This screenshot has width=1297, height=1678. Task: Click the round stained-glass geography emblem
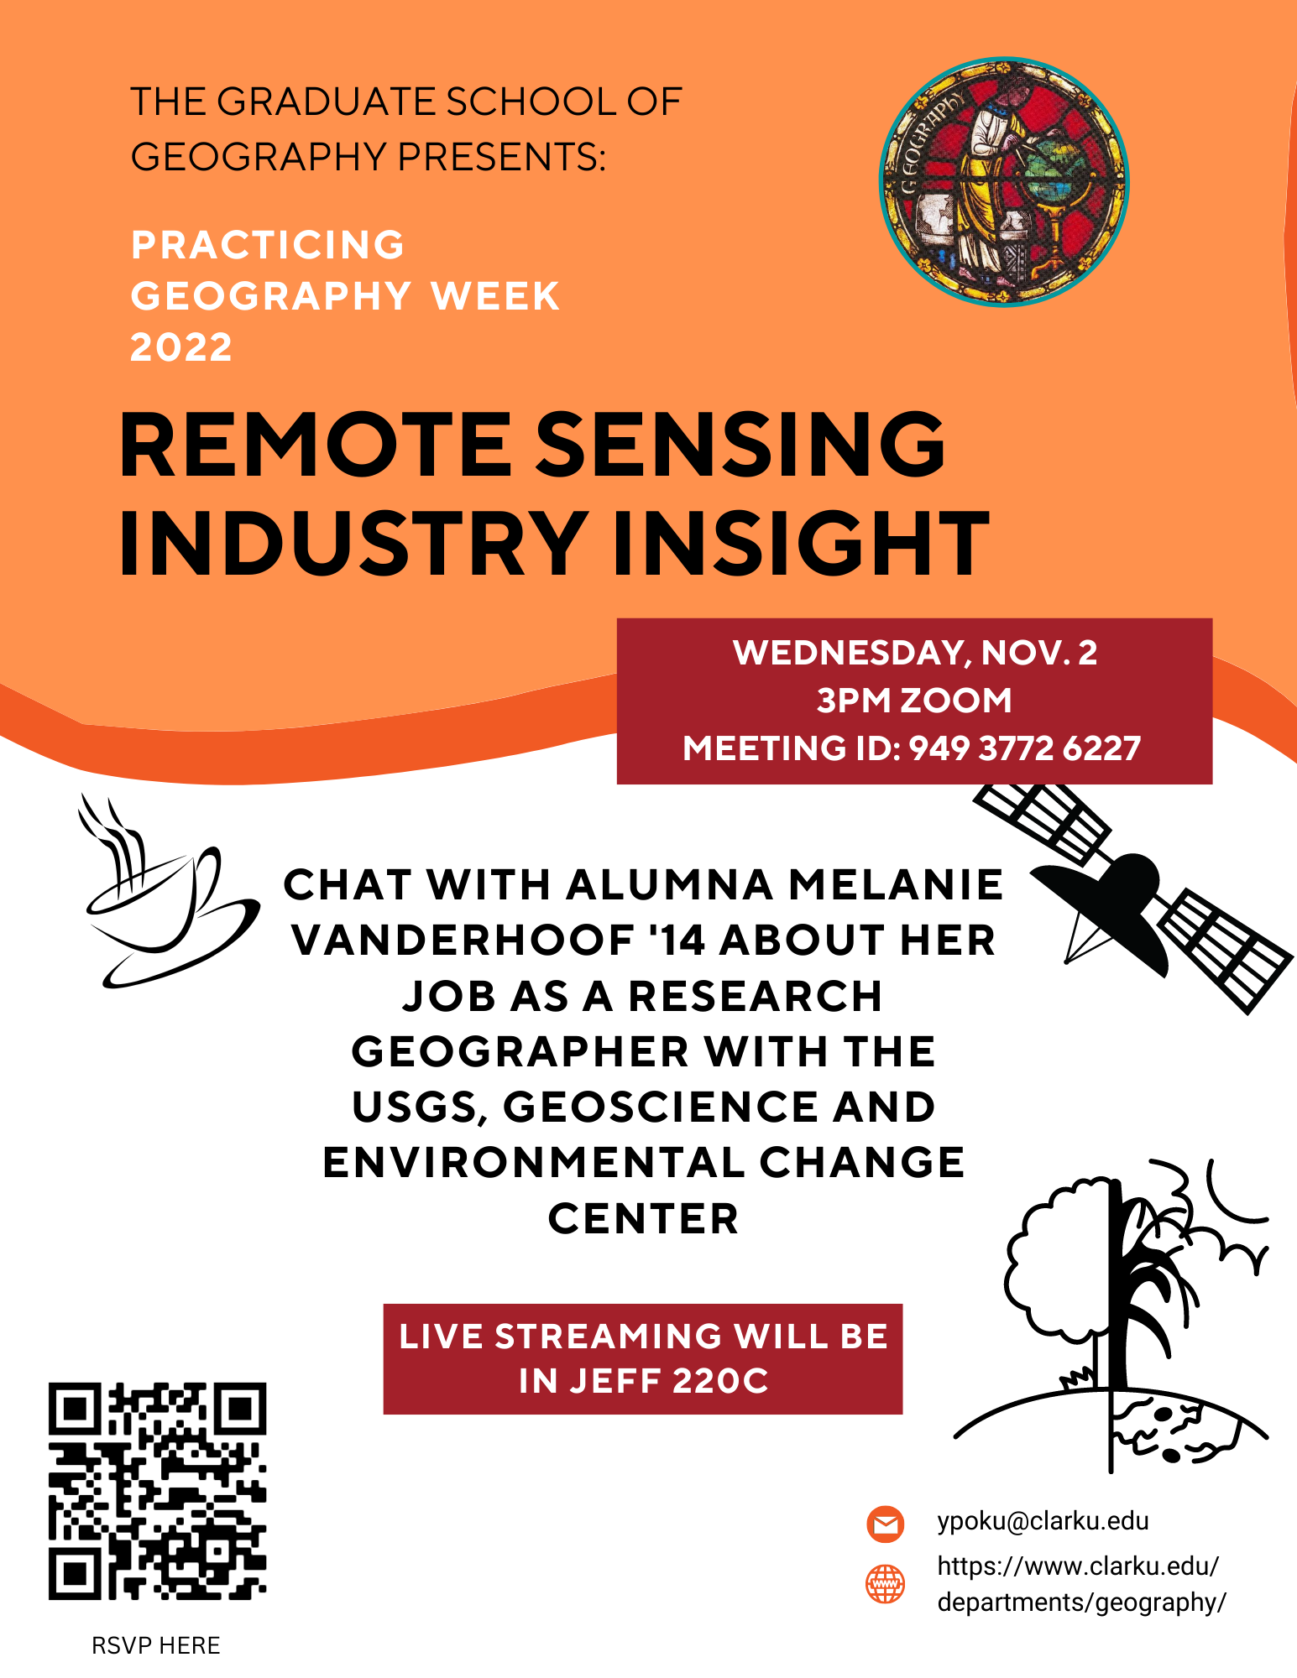point(1004,182)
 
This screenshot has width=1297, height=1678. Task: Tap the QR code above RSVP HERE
point(157,1491)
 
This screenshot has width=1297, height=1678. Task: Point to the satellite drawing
point(1133,898)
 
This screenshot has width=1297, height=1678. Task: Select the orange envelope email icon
point(885,1524)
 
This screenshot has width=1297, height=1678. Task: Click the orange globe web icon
point(885,1584)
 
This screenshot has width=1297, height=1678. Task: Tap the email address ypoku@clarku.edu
point(1043,1521)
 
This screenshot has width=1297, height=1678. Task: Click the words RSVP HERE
point(156,1645)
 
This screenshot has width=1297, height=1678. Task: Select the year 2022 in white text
point(181,347)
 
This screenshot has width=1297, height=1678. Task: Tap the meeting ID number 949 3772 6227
point(1025,748)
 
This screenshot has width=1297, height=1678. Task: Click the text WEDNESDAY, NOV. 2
point(915,653)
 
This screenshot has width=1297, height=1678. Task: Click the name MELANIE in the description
point(896,884)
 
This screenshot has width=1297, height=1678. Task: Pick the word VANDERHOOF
point(463,940)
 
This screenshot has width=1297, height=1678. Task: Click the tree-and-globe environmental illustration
point(1125,1317)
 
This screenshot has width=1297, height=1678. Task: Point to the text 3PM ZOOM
point(915,701)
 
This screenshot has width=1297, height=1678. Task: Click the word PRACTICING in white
point(268,245)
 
